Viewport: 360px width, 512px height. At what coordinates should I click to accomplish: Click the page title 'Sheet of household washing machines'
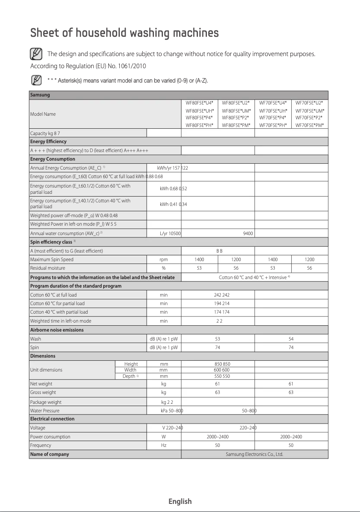click(124, 33)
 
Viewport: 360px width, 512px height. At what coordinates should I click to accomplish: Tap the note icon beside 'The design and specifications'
click(36, 54)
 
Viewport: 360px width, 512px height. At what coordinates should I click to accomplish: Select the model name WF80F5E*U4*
click(200, 103)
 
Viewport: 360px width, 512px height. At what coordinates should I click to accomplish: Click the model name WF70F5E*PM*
click(310, 125)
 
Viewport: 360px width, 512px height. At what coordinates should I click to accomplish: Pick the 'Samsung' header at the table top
click(40, 95)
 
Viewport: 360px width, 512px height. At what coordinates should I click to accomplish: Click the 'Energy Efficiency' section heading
click(48, 141)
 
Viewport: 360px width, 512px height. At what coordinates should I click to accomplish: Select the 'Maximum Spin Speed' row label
click(52, 259)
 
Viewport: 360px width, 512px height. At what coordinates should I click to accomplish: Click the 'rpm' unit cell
click(164, 259)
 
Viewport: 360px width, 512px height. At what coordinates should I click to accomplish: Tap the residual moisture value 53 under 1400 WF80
click(199, 268)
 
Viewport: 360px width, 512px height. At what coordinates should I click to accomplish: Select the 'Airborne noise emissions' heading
click(57, 330)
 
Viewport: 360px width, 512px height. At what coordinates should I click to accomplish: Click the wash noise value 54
click(291, 339)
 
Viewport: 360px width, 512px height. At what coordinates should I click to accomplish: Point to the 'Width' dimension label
click(130, 370)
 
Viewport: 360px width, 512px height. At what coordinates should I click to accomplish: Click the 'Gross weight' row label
click(43, 392)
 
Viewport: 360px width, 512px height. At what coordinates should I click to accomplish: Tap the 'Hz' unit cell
click(164, 445)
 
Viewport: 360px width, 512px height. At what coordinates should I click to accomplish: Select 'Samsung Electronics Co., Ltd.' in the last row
click(254, 454)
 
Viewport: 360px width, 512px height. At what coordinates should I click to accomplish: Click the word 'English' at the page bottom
click(180, 501)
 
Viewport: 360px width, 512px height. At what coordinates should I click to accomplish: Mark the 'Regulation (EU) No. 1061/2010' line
click(88, 66)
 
